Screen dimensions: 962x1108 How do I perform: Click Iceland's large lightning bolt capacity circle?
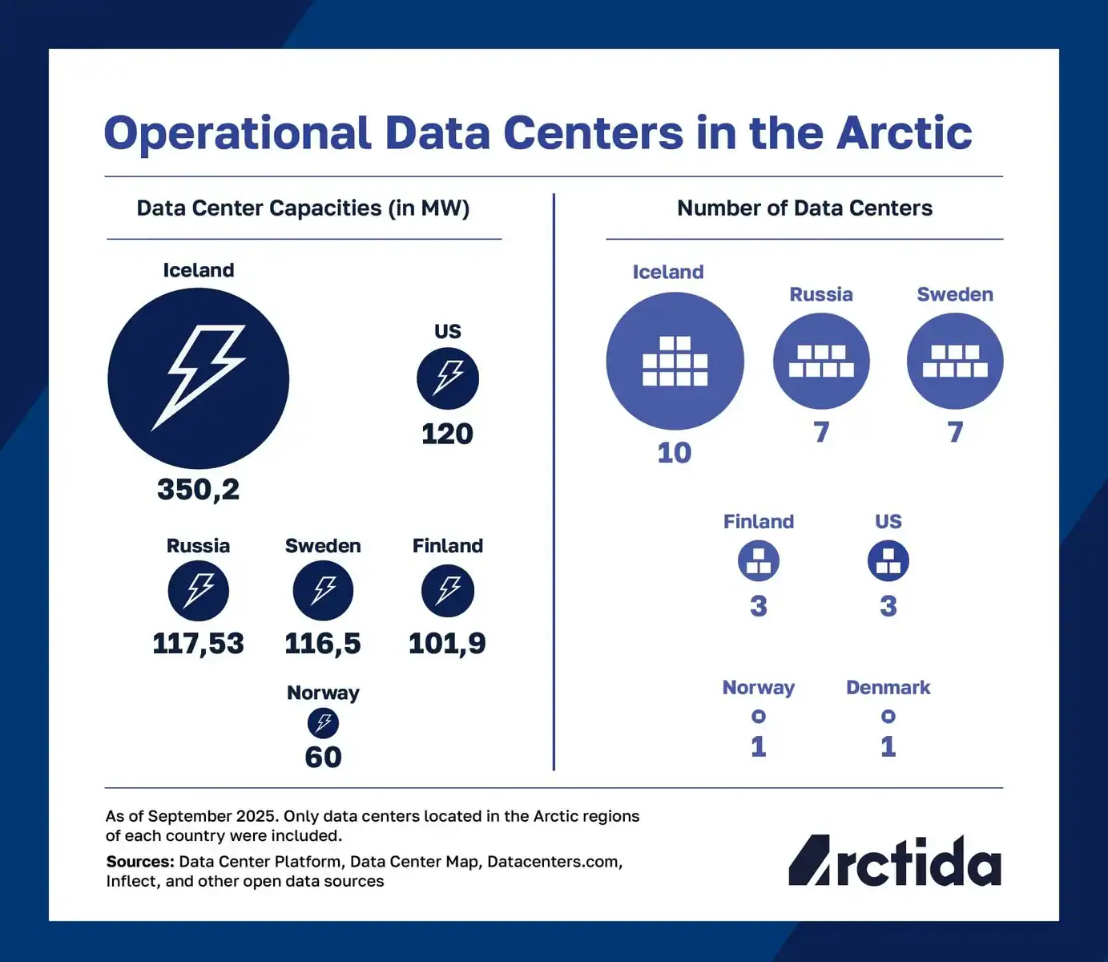click(198, 378)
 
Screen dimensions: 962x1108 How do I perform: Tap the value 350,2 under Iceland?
click(198, 489)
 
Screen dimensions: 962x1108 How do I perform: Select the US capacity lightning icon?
click(448, 378)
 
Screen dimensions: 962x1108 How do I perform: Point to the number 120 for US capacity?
click(447, 434)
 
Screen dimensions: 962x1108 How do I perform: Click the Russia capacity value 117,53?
click(198, 643)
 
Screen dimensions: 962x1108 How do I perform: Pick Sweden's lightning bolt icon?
click(323, 591)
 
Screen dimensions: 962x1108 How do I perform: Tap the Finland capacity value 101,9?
click(447, 643)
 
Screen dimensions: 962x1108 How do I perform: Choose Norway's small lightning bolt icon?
click(323, 723)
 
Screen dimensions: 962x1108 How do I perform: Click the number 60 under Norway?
click(323, 757)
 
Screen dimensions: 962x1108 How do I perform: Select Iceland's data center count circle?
click(675, 361)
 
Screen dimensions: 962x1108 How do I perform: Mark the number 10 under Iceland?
click(674, 453)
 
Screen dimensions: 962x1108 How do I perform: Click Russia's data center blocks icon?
click(821, 361)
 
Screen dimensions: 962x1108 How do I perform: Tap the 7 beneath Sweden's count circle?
click(955, 432)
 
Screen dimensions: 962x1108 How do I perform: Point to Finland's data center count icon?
click(758, 560)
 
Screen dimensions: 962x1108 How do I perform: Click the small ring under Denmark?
click(888, 716)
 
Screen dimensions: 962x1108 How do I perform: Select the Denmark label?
click(888, 688)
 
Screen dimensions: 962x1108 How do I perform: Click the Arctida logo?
click(895, 861)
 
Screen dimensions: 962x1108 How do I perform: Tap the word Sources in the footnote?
click(140, 862)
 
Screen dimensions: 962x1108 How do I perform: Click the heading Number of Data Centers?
click(804, 208)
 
